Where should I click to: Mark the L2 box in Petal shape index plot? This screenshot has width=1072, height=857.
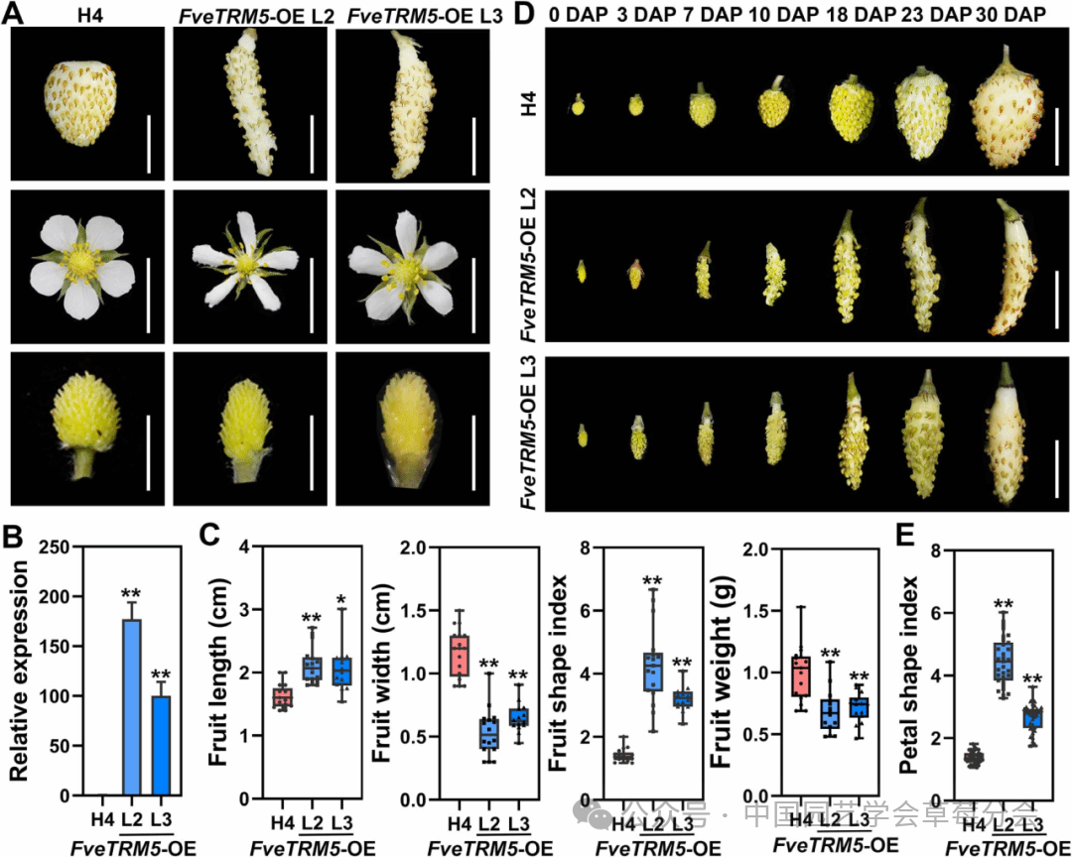[1004, 661]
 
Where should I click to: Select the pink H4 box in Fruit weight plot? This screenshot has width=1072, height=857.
[801, 675]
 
